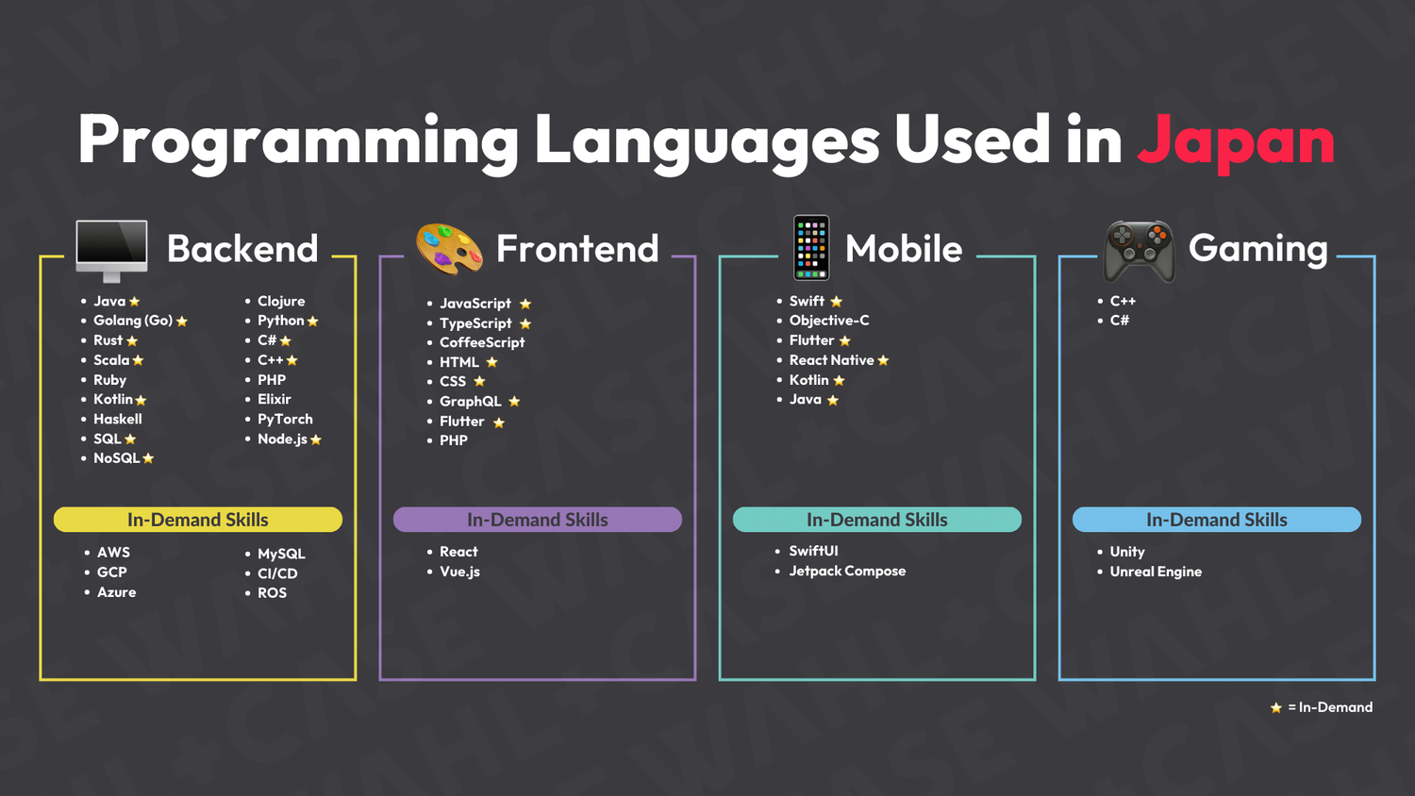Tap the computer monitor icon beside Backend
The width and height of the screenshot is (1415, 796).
click(111, 249)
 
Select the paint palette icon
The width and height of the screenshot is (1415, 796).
click(449, 249)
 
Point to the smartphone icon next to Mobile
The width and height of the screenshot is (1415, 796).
click(811, 248)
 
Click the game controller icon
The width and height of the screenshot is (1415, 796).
click(1140, 251)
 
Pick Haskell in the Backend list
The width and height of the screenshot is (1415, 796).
click(118, 419)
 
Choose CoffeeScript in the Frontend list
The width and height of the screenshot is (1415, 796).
click(482, 342)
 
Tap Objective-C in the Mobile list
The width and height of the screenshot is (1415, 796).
click(829, 321)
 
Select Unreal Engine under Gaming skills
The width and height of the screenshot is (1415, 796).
click(1156, 572)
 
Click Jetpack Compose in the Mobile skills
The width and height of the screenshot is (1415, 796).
click(847, 571)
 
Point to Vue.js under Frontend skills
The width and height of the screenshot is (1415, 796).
click(459, 572)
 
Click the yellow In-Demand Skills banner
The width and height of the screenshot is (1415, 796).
click(198, 520)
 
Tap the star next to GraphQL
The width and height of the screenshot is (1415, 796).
click(514, 402)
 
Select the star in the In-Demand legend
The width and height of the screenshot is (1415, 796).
click(1276, 707)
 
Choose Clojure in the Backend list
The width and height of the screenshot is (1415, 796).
click(281, 301)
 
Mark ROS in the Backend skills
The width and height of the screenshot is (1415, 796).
click(272, 593)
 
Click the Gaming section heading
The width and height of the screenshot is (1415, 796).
click(1257, 249)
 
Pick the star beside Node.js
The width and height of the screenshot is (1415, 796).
click(316, 439)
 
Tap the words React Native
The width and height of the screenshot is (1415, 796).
click(831, 360)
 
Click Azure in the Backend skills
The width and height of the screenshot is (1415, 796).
click(116, 592)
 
